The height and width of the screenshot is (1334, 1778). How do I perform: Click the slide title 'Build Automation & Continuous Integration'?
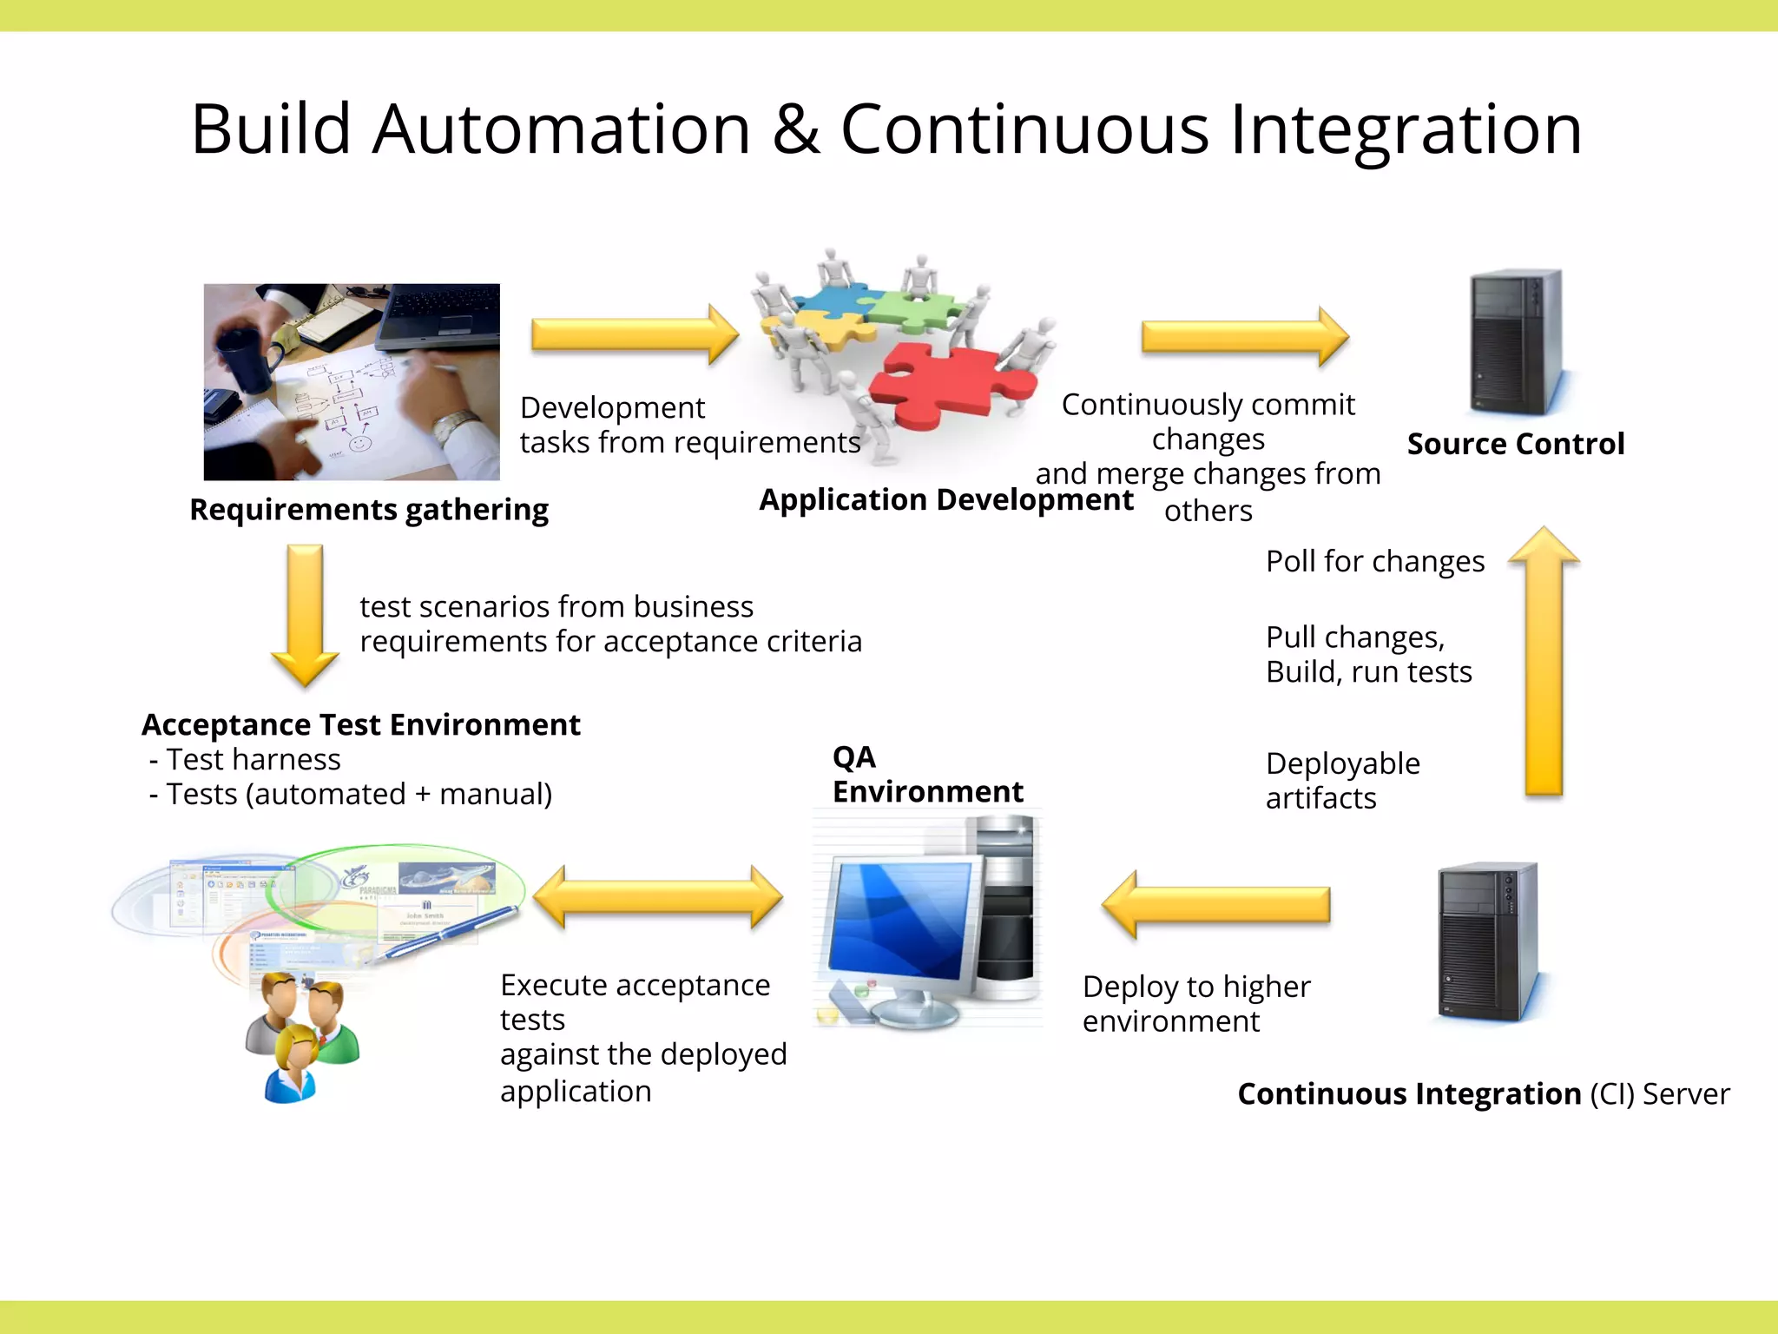(886, 129)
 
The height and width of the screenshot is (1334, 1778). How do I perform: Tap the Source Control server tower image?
(1515, 343)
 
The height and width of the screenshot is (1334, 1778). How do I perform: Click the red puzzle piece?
(946, 382)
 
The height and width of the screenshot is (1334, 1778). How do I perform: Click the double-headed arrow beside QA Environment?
(658, 897)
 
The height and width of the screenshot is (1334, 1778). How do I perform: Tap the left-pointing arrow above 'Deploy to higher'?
(1215, 905)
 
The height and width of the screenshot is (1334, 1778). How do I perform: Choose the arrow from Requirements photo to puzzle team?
(635, 334)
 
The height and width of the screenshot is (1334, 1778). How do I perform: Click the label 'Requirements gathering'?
(369, 509)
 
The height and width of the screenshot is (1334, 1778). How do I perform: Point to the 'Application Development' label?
(946, 499)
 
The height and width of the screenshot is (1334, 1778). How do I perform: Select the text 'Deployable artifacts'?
(1342, 780)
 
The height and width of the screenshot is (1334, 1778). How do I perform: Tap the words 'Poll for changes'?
(1375, 561)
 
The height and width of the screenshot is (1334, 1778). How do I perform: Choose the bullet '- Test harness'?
(246, 759)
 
